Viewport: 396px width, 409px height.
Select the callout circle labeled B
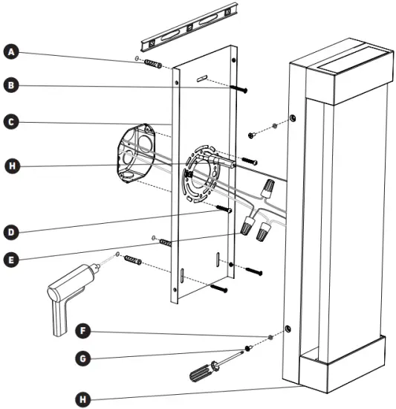(11, 86)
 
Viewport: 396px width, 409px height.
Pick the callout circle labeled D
(11, 231)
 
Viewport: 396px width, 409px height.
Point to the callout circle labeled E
(11, 260)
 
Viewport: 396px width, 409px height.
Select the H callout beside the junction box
(11, 165)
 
